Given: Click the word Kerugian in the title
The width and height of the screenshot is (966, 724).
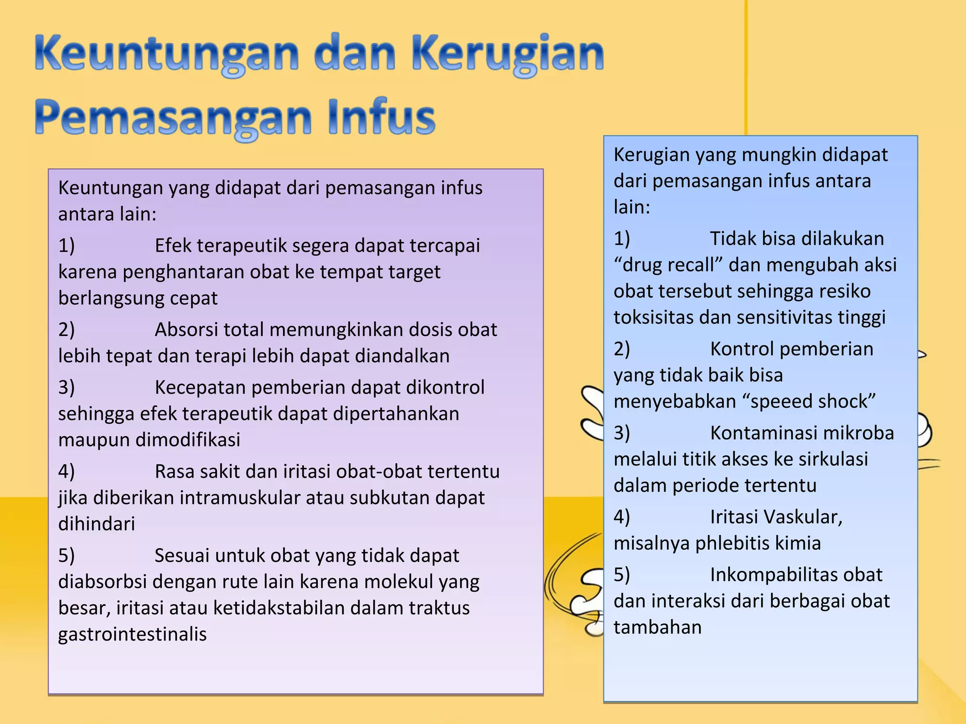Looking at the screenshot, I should pos(508,54).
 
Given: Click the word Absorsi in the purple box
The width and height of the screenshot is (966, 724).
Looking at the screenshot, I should pos(186,330).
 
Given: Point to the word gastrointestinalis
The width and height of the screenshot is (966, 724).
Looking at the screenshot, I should pos(133,634).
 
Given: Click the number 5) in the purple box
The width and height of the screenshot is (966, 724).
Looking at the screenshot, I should pos(67,556).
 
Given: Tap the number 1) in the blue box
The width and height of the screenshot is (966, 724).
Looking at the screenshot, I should pos(622,239).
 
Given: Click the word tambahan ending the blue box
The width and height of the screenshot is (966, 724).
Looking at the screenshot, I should pos(658,628).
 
